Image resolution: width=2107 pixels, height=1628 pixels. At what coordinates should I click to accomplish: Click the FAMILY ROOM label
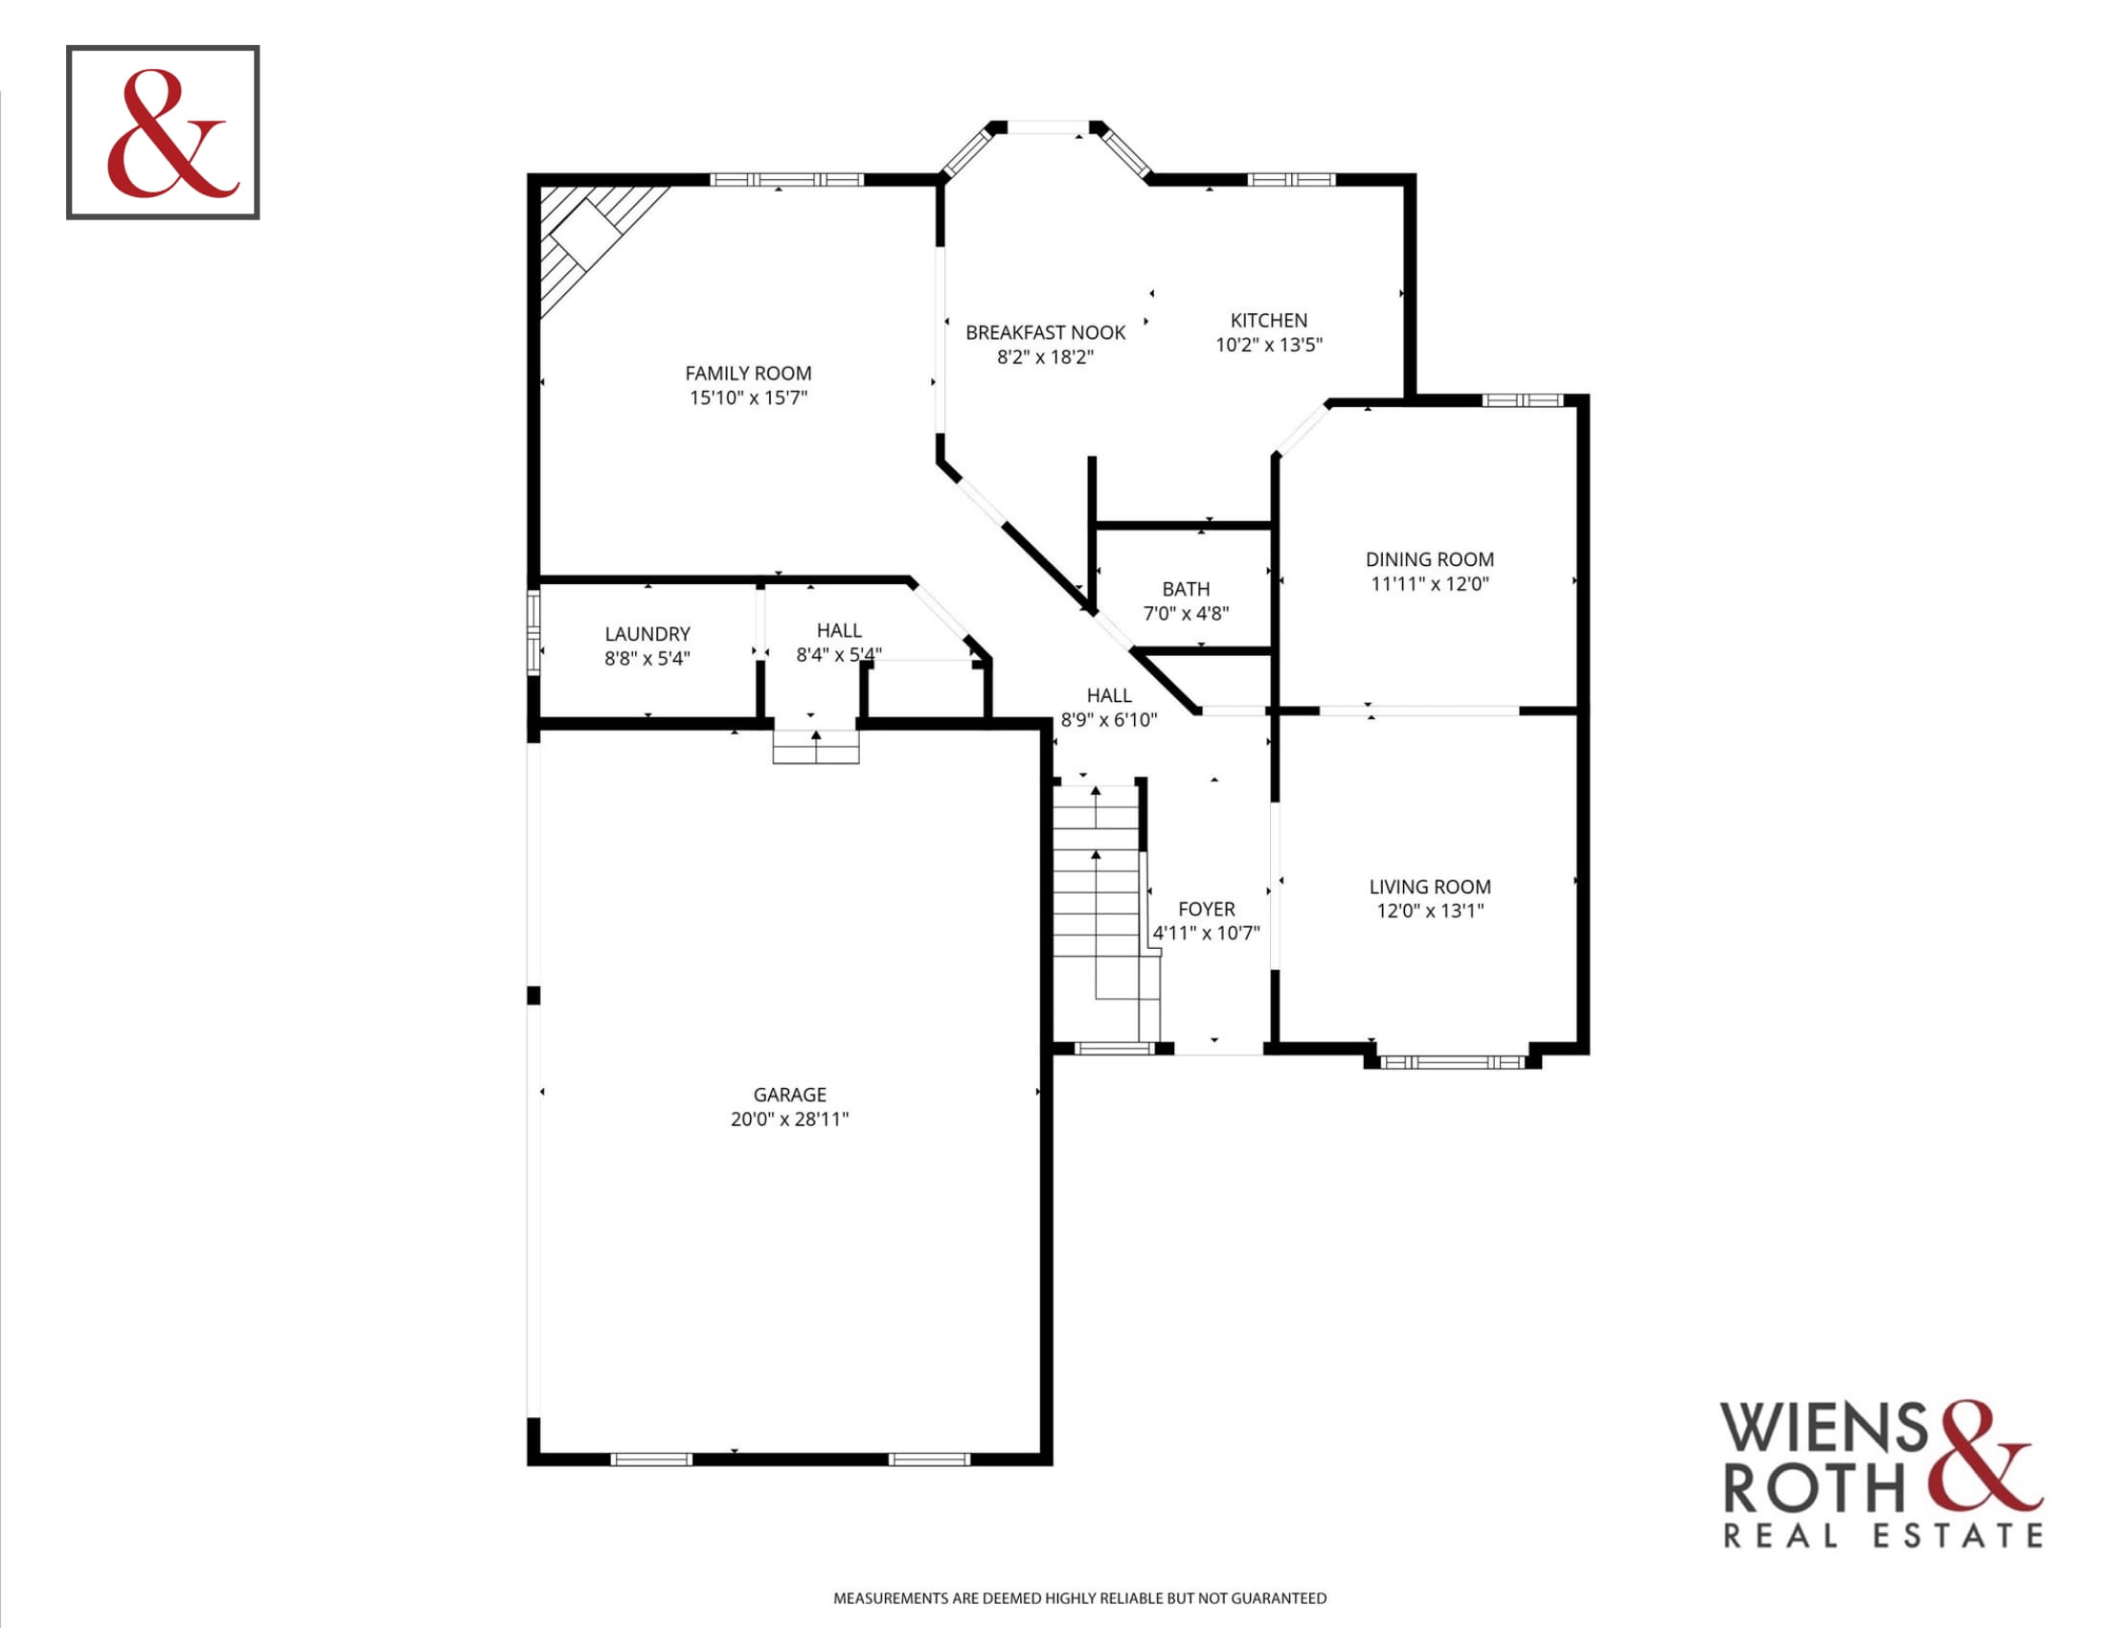point(748,373)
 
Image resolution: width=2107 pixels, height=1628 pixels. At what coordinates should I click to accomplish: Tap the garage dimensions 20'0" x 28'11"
point(789,1119)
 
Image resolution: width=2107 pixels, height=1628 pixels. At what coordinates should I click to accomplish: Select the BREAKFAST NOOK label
point(1045,332)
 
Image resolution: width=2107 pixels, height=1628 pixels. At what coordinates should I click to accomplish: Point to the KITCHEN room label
point(1269,320)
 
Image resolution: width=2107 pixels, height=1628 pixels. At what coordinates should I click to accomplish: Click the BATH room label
point(1186,589)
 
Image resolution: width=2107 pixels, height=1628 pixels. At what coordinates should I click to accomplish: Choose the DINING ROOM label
point(1429,559)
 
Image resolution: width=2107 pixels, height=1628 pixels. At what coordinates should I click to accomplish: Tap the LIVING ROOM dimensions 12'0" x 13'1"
point(1430,911)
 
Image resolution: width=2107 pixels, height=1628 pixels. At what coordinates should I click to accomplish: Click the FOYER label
point(1206,909)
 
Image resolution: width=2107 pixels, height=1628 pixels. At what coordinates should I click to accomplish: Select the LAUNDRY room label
point(647,634)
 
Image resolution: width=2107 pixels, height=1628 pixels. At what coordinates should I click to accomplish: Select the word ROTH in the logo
point(1814,1488)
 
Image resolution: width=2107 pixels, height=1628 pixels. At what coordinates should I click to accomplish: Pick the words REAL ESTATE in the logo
point(1883,1536)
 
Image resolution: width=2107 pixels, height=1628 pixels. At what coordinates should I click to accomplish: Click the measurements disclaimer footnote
point(1079,1599)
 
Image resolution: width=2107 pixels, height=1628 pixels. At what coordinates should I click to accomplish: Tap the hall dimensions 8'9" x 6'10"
point(1108,719)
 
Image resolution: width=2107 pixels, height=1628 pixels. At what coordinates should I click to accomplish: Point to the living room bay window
point(1452,1062)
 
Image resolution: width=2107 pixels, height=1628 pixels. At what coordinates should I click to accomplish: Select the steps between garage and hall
point(815,748)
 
